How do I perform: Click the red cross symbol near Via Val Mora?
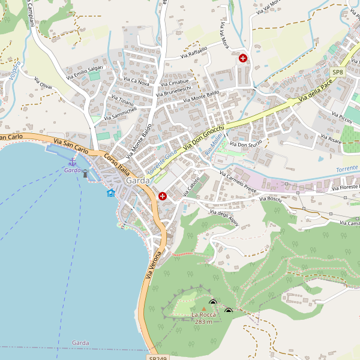click(x=243, y=58)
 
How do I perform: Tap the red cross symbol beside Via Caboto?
click(x=163, y=196)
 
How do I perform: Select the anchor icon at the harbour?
click(x=73, y=161)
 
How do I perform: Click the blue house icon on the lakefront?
click(x=111, y=193)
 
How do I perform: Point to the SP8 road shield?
click(x=338, y=73)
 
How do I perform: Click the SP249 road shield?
click(x=158, y=358)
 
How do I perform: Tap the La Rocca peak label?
click(x=203, y=314)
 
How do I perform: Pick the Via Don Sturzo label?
click(x=247, y=145)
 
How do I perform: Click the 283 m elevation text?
click(x=203, y=322)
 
